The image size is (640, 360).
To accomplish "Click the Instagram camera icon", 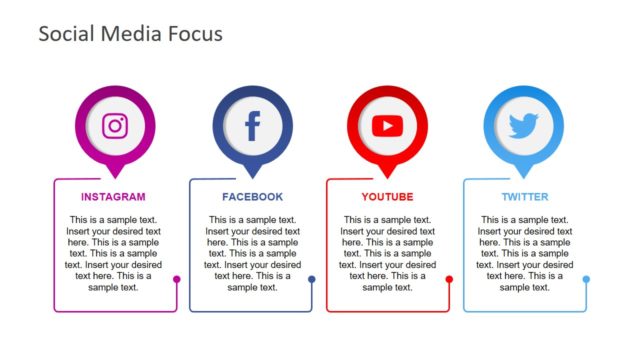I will tap(115, 125).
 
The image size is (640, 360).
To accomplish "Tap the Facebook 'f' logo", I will tap(252, 126).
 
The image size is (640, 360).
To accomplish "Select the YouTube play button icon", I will tap(387, 126).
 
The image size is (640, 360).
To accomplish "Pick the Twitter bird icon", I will tap(523, 126).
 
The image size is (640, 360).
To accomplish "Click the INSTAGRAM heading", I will tap(113, 197).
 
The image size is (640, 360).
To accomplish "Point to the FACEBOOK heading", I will tap(252, 197).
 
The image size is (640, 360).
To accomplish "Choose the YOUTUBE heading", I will tap(387, 197).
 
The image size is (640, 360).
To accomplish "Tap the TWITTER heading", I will tap(525, 197).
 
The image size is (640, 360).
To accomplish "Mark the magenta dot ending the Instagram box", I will tap(177, 280).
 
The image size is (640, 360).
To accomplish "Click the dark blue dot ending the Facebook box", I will tap(312, 280).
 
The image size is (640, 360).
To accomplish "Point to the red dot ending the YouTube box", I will tap(449, 280).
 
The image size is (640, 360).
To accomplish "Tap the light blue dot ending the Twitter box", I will tap(586, 280).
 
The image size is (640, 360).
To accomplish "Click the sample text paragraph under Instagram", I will tap(113, 253).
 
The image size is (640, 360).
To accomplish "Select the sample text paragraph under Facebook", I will tap(252, 253).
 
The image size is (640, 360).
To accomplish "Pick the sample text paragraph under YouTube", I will tap(387, 253).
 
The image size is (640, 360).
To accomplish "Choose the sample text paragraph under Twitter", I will tap(525, 253).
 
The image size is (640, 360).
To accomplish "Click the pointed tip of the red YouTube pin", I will tap(387, 176).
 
